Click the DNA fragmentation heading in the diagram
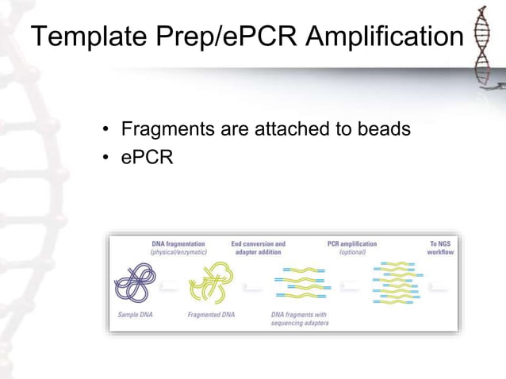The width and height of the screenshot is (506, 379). [178, 243]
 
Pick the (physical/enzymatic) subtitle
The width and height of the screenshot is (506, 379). [178, 252]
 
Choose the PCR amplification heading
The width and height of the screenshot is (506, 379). [352, 243]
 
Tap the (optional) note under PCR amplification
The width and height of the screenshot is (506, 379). [352, 252]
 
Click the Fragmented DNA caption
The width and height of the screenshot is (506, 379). [210, 315]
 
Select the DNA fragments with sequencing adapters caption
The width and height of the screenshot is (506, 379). [298, 319]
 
